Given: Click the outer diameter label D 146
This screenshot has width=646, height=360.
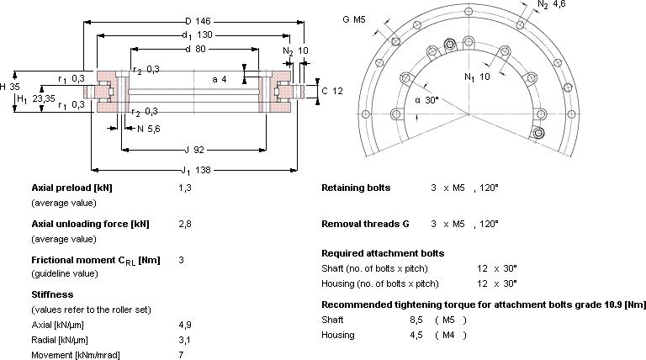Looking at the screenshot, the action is pos(198,21).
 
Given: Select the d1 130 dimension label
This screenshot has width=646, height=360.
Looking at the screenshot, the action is pos(198,35).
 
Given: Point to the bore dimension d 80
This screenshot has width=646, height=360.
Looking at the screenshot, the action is pos(195,49).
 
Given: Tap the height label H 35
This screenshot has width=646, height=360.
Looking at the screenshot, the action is pos(10,87).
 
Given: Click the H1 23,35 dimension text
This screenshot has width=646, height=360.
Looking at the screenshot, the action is pos(36,99).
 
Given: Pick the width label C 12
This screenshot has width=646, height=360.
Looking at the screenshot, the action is pos(332,91).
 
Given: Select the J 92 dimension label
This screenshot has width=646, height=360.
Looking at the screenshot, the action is pos(194,150).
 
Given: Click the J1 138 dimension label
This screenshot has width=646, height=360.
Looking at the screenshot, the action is pos(196,170).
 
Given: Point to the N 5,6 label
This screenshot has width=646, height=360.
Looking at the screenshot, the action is pos(149,129).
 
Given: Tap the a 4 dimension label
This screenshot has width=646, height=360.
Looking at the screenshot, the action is pos(220,79).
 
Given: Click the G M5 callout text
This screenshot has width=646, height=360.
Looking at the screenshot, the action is pos(354,19).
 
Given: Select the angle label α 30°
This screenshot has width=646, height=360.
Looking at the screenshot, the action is pos(426,100).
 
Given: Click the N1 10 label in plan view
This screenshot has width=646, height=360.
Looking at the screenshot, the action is pos(477,77).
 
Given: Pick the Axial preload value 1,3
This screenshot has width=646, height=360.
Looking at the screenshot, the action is pos(185,188).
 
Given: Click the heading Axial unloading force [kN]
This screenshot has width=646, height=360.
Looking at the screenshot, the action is pos(90,224).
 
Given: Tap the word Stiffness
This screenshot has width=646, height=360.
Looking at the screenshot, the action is pos(52,294).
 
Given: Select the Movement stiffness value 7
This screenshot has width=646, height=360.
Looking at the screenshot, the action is pos(182,355).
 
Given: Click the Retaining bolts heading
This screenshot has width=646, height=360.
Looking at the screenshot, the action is pos(356,188).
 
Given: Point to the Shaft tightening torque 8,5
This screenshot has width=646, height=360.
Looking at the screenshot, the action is pos(416,320).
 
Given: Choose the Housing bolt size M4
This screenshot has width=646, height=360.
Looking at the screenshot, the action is pos(448,336).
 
